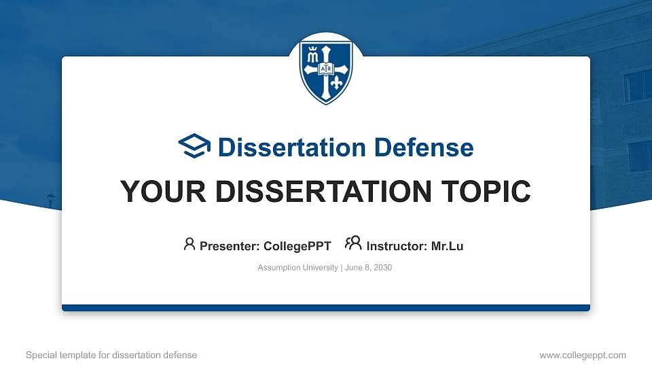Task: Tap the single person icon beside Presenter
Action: click(189, 244)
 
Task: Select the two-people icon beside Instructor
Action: click(353, 244)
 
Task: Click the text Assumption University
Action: click(297, 268)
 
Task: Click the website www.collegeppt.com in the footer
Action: click(582, 355)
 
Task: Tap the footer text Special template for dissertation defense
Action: click(111, 355)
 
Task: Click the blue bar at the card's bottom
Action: click(326, 308)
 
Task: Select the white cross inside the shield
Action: click(327, 70)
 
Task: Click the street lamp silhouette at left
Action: click(50, 199)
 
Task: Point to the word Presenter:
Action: click(229, 246)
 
